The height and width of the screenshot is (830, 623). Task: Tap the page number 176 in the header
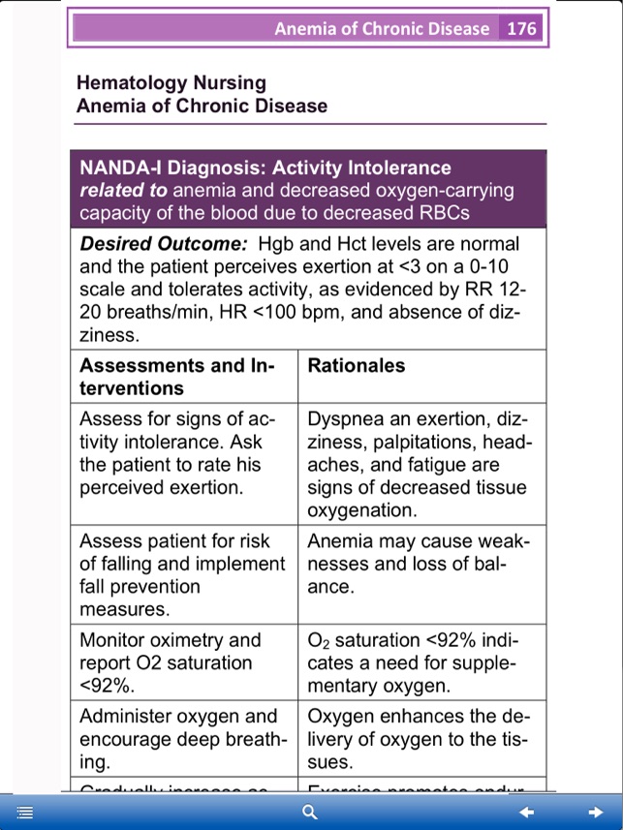pyautogui.click(x=521, y=28)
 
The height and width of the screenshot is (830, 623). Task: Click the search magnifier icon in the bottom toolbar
pyautogui.click(x=310, y=812)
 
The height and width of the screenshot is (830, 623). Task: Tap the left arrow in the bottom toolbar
pyautogui.click(x=526, y=812)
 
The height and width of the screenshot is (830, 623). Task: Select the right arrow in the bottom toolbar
pyautogui.click(x=596, y=812)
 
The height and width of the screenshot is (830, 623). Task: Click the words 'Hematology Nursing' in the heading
pyautogui.click(x=171, y=83)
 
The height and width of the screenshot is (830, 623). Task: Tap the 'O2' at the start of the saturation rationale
pyautogui.click(x=319, y=640)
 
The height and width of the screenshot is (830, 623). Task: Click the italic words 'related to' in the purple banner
pyautogui.click(x=123, y=190)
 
